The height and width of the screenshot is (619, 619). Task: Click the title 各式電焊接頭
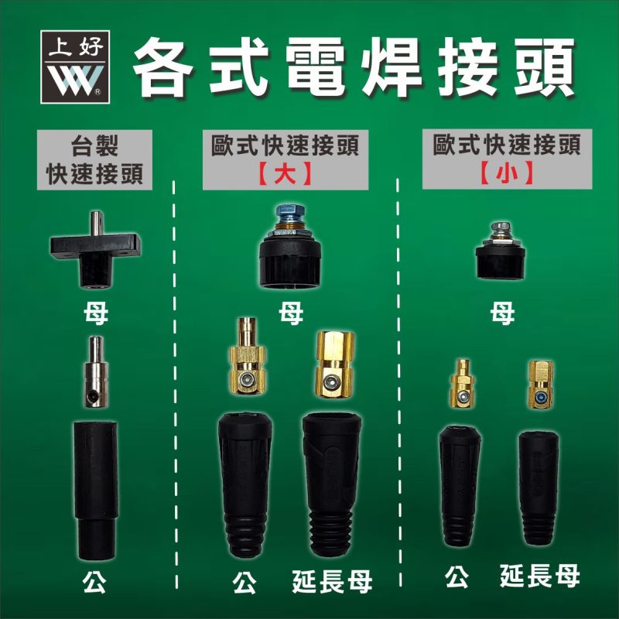pos(355,63)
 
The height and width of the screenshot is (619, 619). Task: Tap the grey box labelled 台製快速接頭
pos(94,159)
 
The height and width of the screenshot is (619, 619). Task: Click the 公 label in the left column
pos(95,582)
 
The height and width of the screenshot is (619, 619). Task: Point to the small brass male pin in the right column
pos(463,385)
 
